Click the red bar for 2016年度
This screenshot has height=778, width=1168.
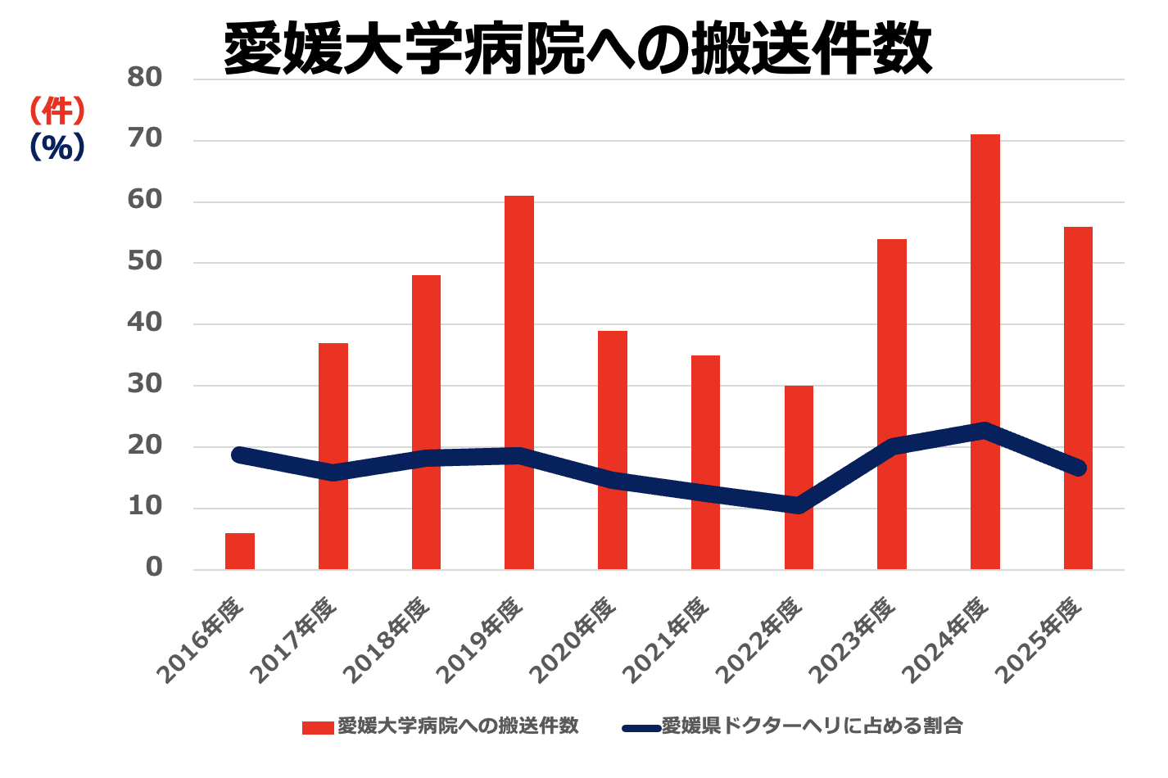point(240,551)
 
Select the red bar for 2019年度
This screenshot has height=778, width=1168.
point(519,328)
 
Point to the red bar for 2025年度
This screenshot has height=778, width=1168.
point(1078,344)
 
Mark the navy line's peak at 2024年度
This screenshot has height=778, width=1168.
point(985,432)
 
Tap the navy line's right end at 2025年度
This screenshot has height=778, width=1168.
point(1078,468)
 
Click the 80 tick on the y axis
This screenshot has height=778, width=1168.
point(145,78)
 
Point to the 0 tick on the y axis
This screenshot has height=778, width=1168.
point(154,568)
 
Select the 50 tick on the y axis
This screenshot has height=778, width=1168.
point(145,262)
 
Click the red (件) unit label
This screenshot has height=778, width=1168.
point(57,110)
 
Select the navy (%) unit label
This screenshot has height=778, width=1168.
point(57,147)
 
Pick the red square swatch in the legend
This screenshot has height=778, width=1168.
point(318,727)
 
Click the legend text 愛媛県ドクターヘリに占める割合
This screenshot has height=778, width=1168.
point(811,726)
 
